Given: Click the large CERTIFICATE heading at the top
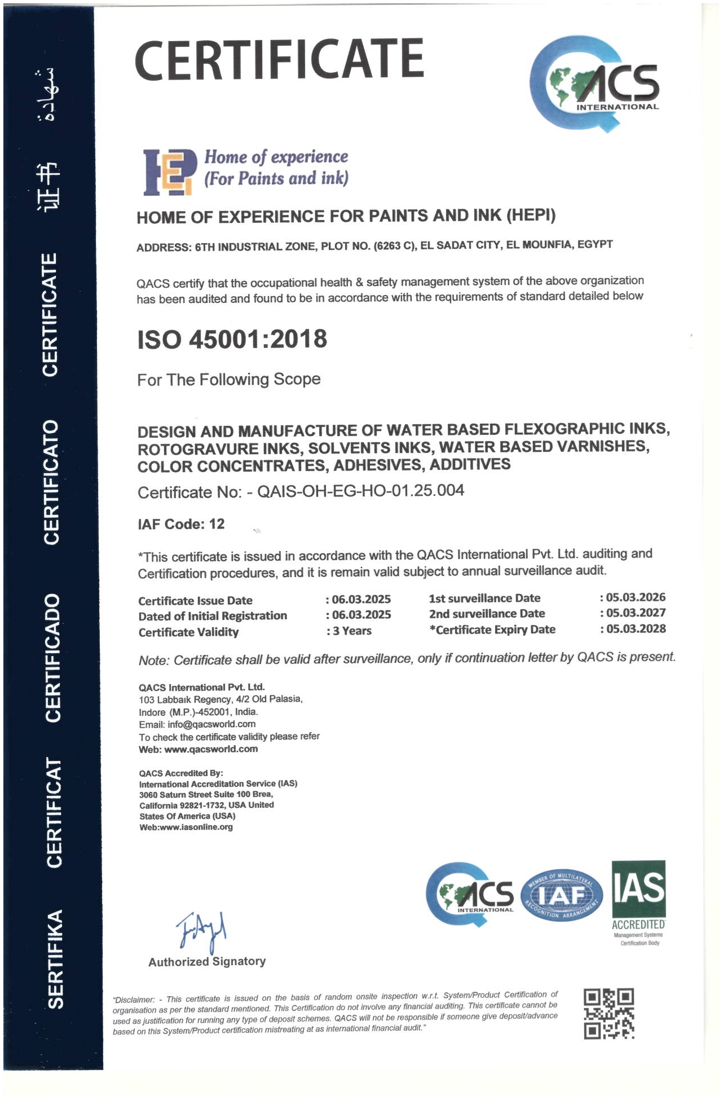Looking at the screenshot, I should click(x=279, y=59).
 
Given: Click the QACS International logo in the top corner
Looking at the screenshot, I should click(x=594, y=85).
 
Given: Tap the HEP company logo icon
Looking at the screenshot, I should click(x=169, y=172).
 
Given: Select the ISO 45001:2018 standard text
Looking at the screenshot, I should click(x=232, y=340).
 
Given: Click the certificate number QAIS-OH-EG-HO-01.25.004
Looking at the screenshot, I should click(x=360, y=490).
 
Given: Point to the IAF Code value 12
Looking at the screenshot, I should click(x=217, y=524).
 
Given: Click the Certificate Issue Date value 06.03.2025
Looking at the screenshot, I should click(x=361, y=599).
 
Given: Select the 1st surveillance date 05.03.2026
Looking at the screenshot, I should click(x=636, y=597).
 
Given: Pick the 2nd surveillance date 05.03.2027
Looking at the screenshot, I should click(x=636, y=613).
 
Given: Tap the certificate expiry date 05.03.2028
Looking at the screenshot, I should click(x=636, y=628).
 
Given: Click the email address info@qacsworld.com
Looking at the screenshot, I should click(x=211, y=724).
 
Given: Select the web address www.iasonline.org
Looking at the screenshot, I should click(x=196, y=827).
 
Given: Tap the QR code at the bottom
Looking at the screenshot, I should click(x=608, y=1014).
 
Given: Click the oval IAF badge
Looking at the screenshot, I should click(x=562, y=894).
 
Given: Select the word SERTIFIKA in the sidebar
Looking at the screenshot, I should click(x=55, y=959).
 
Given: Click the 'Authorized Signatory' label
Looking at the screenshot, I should click(x=207, y=962).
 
